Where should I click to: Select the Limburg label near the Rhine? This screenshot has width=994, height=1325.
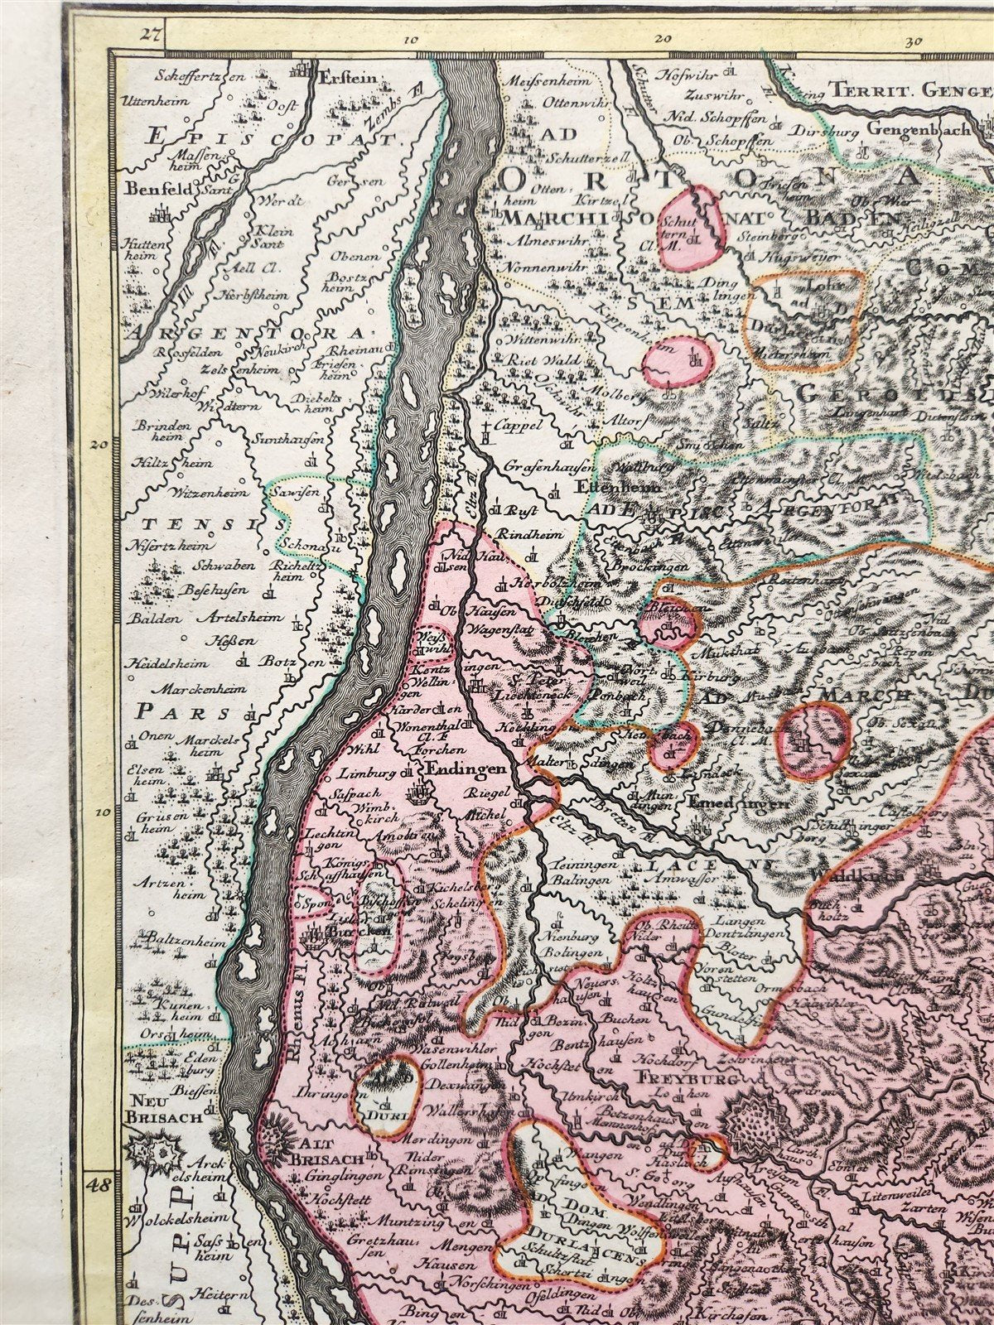[x=359, y=773]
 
